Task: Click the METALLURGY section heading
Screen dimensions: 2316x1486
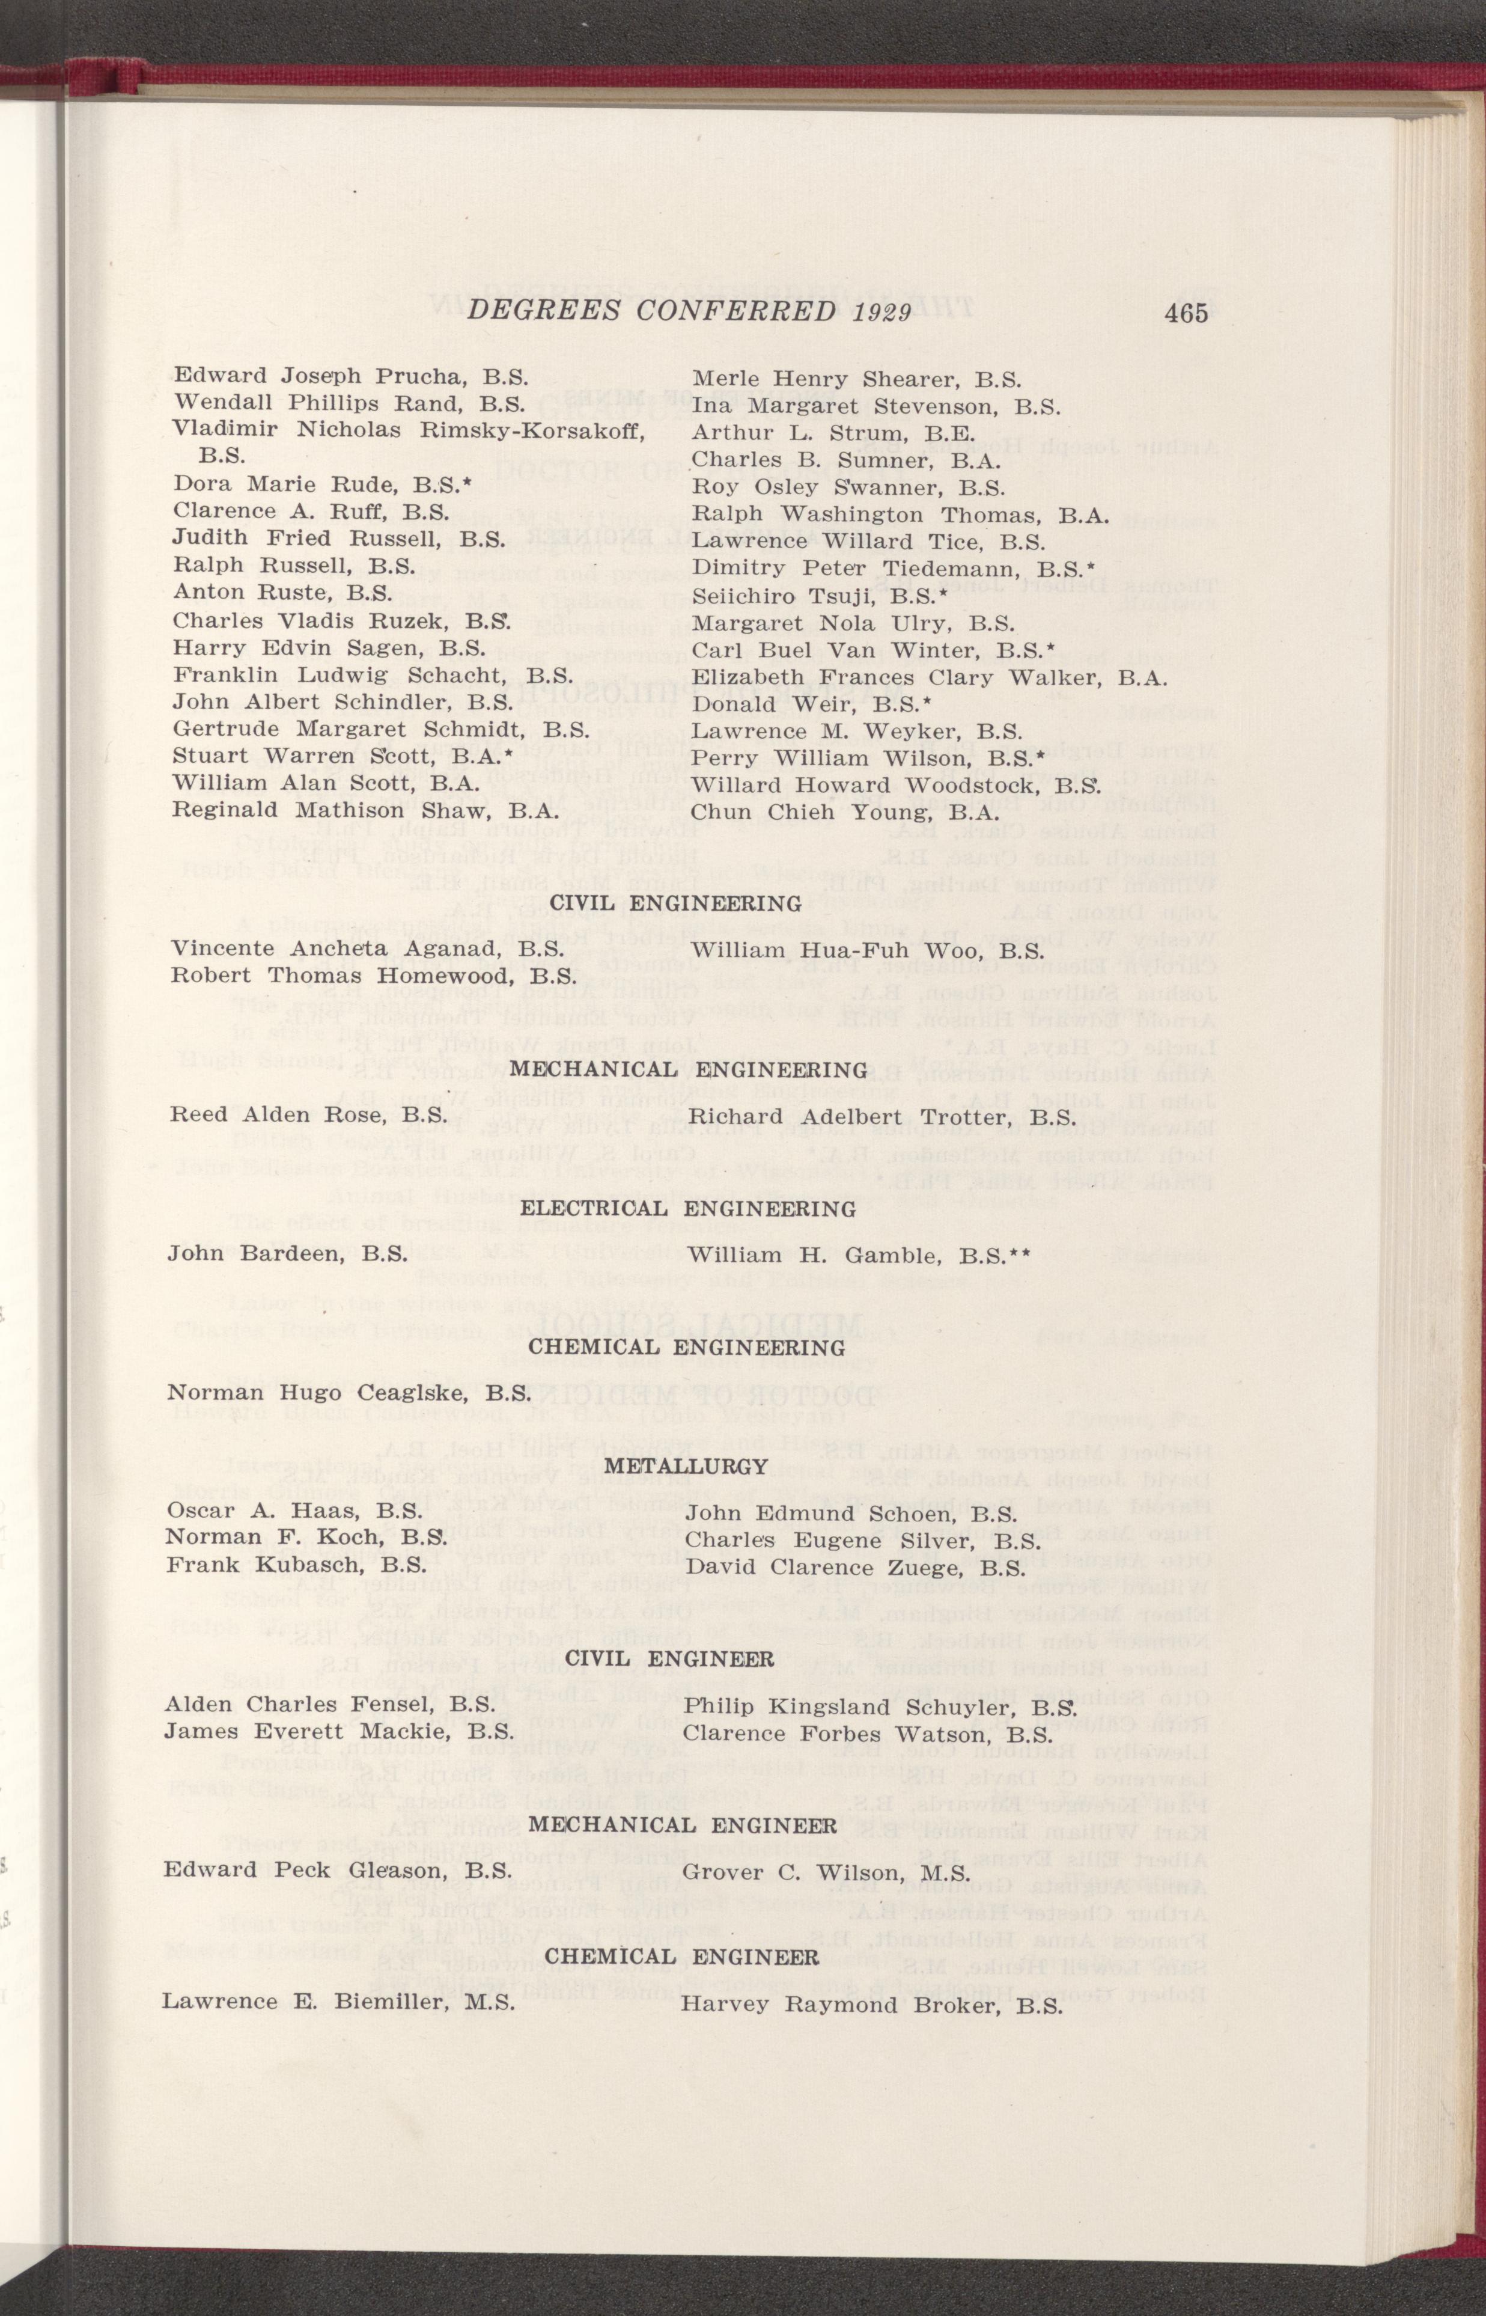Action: coord(686,1466)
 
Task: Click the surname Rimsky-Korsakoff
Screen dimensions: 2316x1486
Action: coord(532,430)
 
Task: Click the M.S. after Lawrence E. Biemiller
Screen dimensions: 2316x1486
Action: coord(486,2002)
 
